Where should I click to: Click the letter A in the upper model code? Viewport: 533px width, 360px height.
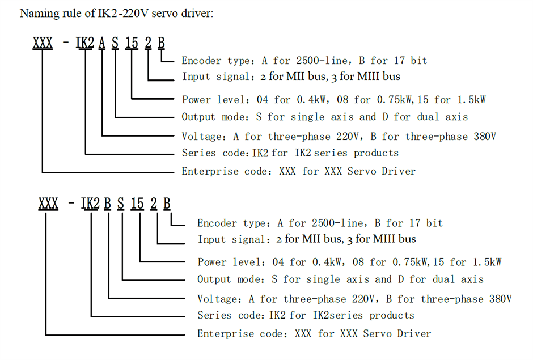pyautogui.click(x=101, y=43)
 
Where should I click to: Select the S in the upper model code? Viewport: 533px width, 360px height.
pyautogui.click(x=116, y=43)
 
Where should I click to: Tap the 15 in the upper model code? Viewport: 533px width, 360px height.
pyautogui.click(x=132, y=43)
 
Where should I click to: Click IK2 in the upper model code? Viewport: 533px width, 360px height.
pyautogui.click(x=86, y=43)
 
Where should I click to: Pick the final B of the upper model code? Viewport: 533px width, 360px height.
pyautogui.click(x=162, y=43)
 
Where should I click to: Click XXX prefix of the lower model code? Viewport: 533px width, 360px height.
pyautogui.click(x=48, y=204)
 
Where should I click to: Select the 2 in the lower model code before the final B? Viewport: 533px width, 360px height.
pyautogui.click(x=154, y=204)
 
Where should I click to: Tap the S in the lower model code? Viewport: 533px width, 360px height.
pyautogui.click(x=121, y=204)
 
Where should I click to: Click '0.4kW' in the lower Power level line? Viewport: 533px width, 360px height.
pyautogui.click(x=327, y=262)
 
